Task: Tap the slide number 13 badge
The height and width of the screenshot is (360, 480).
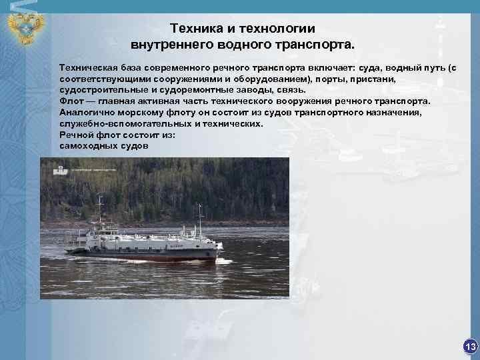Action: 470,346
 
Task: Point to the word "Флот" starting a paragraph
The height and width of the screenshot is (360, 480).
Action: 71,101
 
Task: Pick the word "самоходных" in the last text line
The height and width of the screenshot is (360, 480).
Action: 87,146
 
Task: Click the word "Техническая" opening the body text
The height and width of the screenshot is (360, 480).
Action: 89,67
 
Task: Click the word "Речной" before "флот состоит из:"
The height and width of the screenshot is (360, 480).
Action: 75,135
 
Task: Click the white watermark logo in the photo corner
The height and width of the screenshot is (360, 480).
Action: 59,169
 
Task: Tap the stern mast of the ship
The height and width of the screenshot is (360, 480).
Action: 100,213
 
